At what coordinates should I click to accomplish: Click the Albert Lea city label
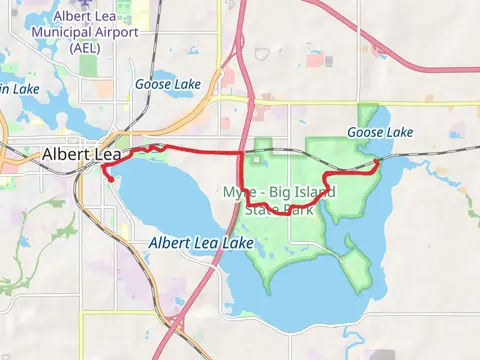[81, 155]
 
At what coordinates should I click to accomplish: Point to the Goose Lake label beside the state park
[380, 132]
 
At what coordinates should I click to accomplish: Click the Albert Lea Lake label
[200, 244]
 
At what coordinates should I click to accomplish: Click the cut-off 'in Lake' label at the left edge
[18, 90]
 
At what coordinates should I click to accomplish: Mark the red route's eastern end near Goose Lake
[375, 160]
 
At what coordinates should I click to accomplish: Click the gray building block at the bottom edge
[383, 355]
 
